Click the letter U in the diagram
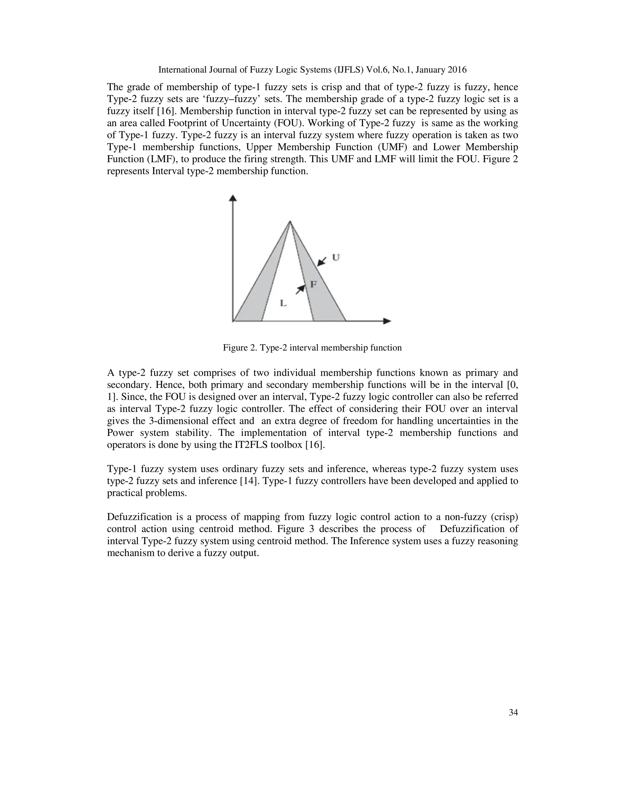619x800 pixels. click(335, 258)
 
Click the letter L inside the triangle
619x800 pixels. click(283, 303)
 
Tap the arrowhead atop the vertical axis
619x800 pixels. click(232, 198)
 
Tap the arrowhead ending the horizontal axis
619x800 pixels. click(387, 321)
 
